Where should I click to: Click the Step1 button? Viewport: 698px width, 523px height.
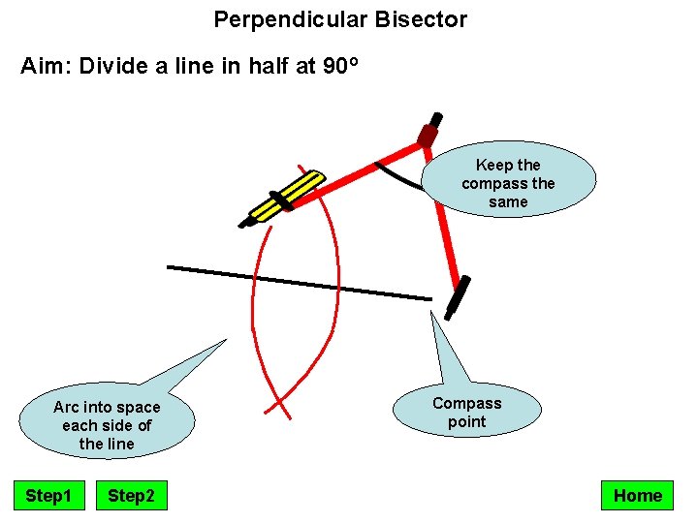pyautogui.click(x=48, y=496)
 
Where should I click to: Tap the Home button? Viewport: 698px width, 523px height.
pyautogui.click(x=637, y=496)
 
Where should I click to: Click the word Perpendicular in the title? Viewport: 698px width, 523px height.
pyautogui.click(x=275, y=19)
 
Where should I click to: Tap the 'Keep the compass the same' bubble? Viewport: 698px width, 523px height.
pyautogui.click(x=508, y=183)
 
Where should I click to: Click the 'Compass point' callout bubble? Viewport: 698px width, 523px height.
pyautogui.click(x=466, y=413)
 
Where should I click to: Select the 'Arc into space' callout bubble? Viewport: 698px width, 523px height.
pyautogui.click(x=107, y=425)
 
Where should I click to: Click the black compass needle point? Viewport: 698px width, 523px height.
pyautogui.click(x=457, y=298)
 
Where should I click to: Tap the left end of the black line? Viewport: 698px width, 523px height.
pyautogui.click(x=170, y=266)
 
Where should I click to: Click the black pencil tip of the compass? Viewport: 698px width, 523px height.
pyautogui.click(x=245, y=223)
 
